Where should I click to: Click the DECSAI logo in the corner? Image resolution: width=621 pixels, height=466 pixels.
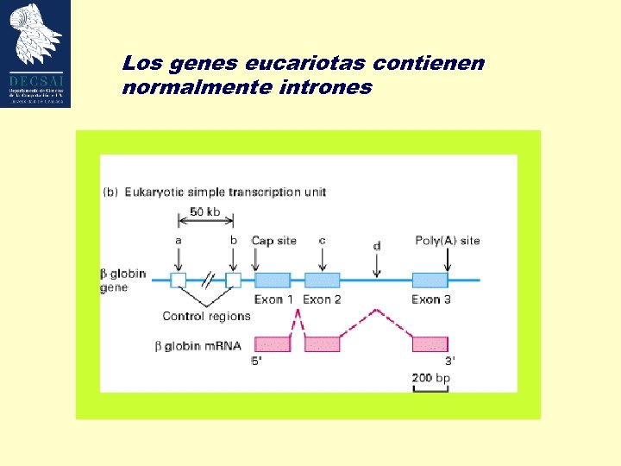(x=36, y=54)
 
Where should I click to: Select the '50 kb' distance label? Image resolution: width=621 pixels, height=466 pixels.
(x=204, y=211)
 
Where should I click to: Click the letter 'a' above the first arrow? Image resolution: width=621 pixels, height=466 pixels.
(x=179, y=240)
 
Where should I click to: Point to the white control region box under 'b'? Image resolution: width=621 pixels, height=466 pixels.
(x=233, y=280)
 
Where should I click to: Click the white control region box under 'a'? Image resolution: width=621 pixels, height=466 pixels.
(x=179, y=280)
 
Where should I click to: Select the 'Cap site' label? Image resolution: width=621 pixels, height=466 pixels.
(x=273, y=240)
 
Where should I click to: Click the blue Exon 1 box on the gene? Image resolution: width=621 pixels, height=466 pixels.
(x=273, y=280)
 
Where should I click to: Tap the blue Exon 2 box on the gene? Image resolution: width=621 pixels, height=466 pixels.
(x=322, y=280)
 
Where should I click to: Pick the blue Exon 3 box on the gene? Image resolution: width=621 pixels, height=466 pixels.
(x=430, y=280)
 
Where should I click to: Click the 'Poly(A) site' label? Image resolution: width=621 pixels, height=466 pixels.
(x=447, y=240)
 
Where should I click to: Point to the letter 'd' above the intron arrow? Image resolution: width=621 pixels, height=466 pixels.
(x=377, y=246)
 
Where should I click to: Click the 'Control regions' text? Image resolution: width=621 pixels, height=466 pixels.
(x=206, y=316)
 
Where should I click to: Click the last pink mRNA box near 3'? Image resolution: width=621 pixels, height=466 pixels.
(x=430, y=343)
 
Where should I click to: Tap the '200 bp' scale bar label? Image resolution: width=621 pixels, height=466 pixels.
(x=430, y=378)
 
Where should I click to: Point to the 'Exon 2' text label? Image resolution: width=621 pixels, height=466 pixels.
(x=322, y=299)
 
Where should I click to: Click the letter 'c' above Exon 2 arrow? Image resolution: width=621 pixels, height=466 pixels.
(x=322, y=240)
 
